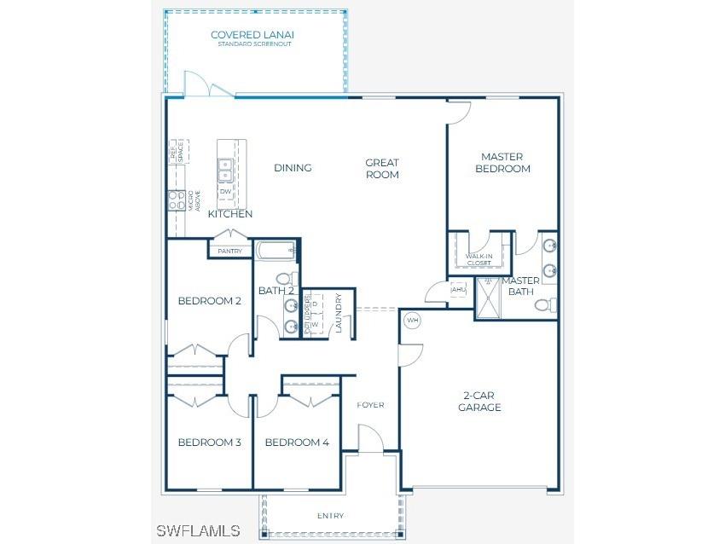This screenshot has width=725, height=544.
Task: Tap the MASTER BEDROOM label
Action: pos(502,163)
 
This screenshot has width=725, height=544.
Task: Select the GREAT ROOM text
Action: pos(382,169)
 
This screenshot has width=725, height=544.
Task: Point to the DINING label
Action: pos(293,168)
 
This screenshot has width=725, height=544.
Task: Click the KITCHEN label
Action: pos(230,214)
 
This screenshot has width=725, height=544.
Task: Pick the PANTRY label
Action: pos(229,252)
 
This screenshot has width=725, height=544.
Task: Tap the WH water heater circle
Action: pos(413,321)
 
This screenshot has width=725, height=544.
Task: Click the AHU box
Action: pos(458,290)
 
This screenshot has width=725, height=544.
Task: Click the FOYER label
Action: pos(370,405)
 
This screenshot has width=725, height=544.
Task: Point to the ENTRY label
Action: pos(330,516)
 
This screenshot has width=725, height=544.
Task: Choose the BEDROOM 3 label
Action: pos(210,443)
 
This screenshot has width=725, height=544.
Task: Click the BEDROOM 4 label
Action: pos(297,443)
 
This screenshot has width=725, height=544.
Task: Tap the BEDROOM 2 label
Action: pos(210,301)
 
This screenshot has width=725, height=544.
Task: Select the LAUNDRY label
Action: pos(339,314)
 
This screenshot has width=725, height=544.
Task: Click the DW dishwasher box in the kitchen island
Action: pos(225,192)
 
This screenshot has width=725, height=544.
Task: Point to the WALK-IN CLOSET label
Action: pos(478,259)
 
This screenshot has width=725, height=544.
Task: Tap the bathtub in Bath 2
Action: pos(275,251)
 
